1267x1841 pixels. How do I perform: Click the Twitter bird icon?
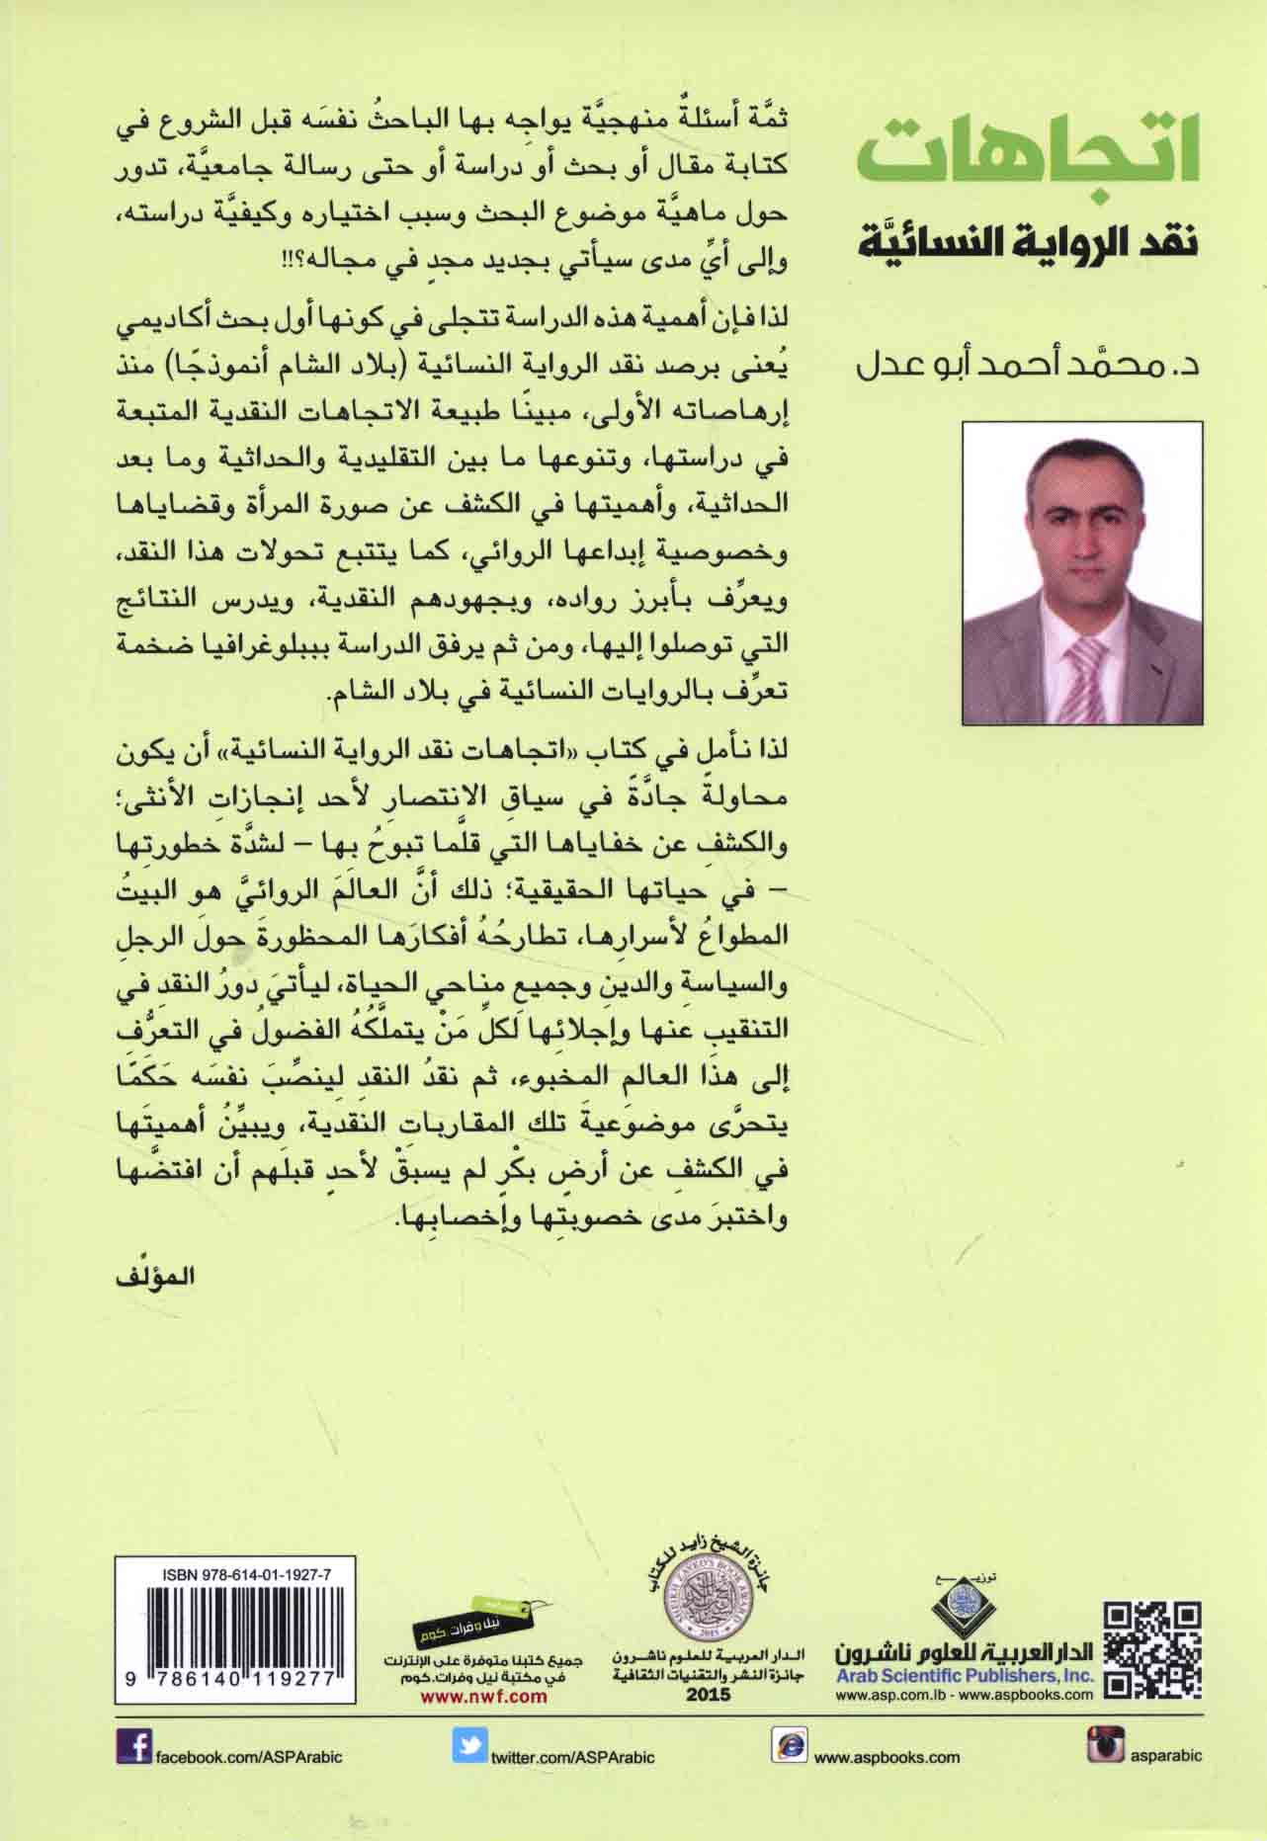(x=469, y=1747)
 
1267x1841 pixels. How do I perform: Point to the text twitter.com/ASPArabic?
(x=572, y=1757)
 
